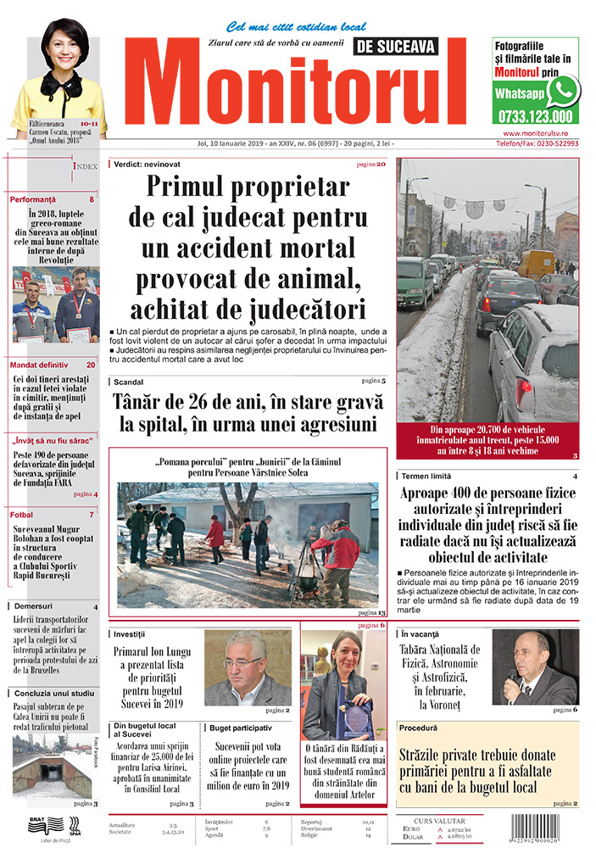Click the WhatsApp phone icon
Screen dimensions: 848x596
point(561,91)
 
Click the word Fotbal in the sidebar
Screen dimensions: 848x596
point(23,515)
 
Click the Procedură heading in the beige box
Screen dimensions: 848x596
point(420,728)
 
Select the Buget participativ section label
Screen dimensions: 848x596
point(242,728)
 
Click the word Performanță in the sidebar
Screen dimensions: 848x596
point(33,199)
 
